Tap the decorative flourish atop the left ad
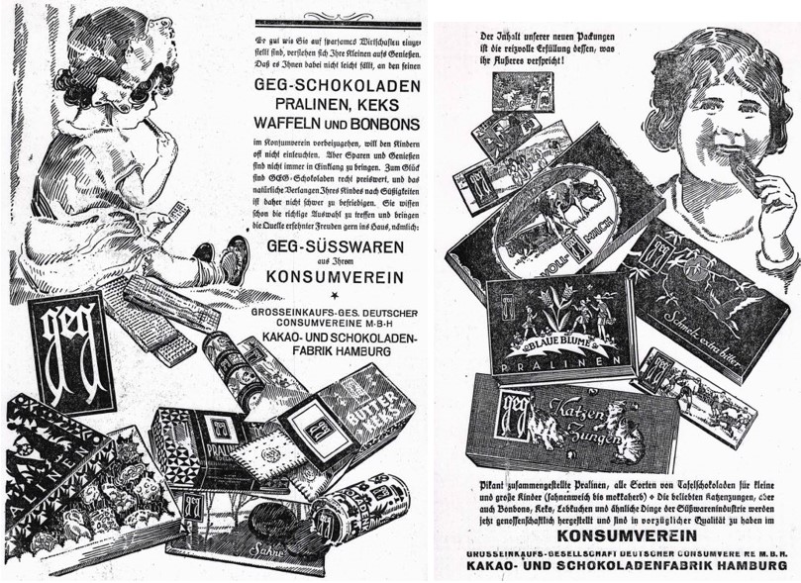tap(337, 16)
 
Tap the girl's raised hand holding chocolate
tap(772, 203)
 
